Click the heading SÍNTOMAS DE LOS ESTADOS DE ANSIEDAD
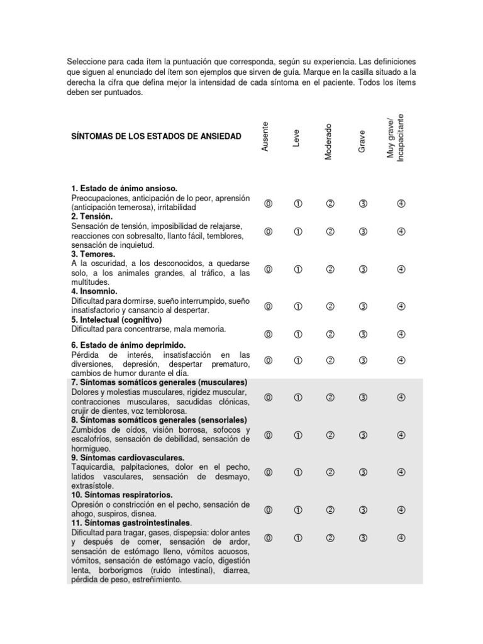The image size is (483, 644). (157, 136)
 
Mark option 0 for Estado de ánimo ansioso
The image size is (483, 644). (269, 203)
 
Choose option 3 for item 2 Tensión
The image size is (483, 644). (363, 231)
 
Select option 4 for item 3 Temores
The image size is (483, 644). (401, 269)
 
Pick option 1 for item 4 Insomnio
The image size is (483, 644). (298, 306)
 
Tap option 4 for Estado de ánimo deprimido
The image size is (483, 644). (401, 360)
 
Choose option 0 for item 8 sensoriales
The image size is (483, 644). (269, 435)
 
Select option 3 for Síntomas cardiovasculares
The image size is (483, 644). (363, 472)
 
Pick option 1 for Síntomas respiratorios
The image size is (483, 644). (298, 509)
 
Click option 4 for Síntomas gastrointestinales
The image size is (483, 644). (401, 538)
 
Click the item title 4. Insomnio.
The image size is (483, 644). (95, 291)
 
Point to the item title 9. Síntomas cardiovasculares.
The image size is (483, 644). (128, 458)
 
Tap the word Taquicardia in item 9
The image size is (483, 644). (92, 467)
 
